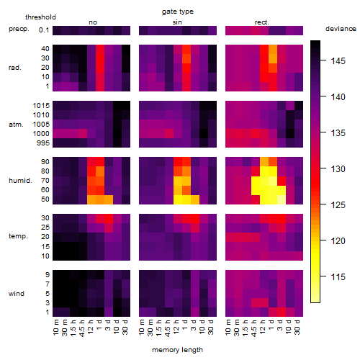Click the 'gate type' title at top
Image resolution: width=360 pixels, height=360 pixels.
(x=178, y=12)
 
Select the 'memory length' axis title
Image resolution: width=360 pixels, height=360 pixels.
(x=177, y=350)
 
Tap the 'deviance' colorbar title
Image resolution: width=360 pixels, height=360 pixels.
(x=341, y=29)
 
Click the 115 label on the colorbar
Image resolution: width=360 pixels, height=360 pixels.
(x=338, y=277)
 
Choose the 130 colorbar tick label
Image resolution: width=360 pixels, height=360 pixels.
(x=338, y=169)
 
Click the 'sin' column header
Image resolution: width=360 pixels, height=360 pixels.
(x=177, y=22)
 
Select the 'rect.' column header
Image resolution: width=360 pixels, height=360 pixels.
(x=261, y=22)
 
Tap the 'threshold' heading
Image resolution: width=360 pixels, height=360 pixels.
(x=40, y=17)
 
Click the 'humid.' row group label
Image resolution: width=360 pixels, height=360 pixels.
(x=20, y=181)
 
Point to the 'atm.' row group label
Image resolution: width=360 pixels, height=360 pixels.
(x=16, y=125)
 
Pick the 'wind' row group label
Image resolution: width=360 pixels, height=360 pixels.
(x=17, y=294)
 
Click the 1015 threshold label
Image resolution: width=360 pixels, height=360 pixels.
(x=41, y=106)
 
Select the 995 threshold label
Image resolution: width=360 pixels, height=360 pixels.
(x=43, y=143)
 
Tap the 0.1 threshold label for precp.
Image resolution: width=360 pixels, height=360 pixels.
(x=44, y=30)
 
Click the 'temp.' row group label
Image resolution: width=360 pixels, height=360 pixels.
(x=18, y=236)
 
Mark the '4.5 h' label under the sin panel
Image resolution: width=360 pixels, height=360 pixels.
(x=168, y=328)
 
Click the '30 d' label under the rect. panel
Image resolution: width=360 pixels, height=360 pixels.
(x=297, y=327)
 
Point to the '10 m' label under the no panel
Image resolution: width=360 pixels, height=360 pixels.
(x=55, y=328)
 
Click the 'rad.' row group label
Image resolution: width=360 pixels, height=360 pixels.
(x=15, y=68)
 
